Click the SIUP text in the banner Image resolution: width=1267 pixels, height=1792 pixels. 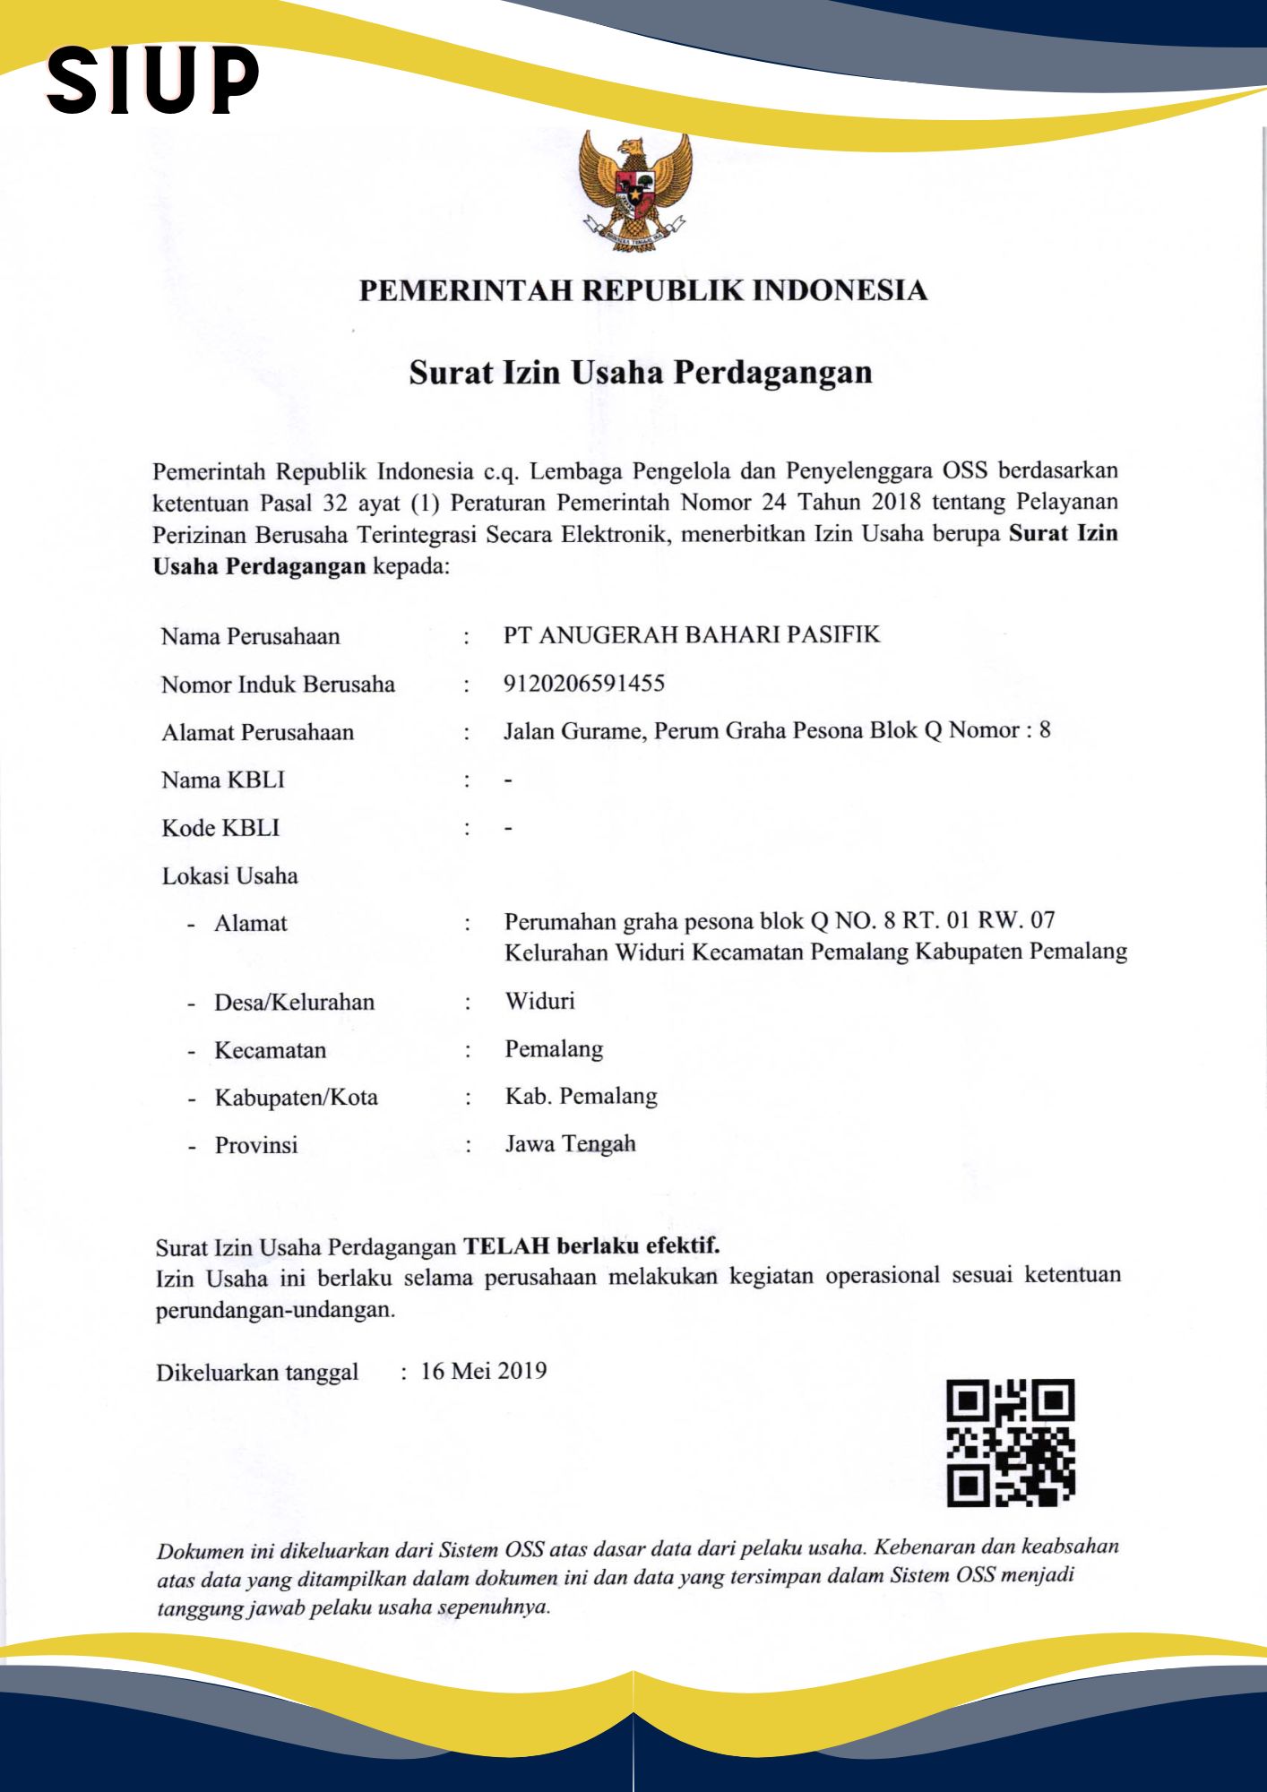(153, 82)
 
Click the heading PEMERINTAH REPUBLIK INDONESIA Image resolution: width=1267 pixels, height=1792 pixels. (642, 291)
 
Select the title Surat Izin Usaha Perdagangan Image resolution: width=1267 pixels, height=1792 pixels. (641, 373)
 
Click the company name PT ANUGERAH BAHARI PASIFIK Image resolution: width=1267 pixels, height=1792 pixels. (692, 635)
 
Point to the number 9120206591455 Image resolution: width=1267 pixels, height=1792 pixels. (584, 684)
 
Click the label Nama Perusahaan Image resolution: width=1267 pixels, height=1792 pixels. (251, 637)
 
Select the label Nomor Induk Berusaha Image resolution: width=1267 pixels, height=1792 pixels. (278, 685)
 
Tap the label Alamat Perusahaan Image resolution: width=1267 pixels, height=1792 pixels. (258, 733)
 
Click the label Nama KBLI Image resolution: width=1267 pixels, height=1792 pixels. (223, 780)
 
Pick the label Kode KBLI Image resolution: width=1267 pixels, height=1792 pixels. (220, 828)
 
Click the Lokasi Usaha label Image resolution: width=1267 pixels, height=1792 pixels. (229, 876)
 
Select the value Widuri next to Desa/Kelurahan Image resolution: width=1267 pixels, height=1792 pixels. (539, 1001)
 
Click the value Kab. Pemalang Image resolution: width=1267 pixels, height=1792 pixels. (581, 1097)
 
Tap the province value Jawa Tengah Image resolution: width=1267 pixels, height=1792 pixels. (570, 1144)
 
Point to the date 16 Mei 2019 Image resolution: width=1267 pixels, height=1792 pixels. (484, 1371)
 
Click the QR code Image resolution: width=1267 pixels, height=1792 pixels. (1011, 1443)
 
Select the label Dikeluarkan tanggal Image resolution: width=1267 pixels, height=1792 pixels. (257, 1373)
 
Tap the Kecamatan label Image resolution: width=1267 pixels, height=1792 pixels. (270, 1050)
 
